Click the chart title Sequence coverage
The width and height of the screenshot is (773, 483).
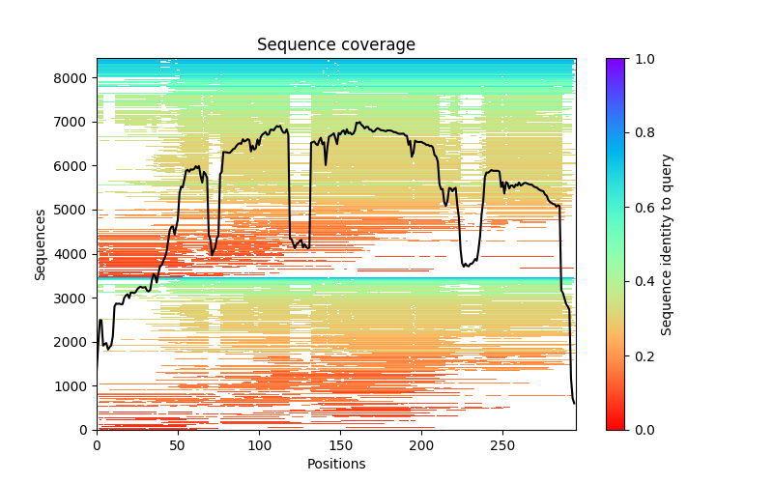pos(335,45)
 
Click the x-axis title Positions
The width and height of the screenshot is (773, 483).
pos(335,464)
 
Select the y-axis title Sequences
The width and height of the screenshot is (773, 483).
pos(41,243)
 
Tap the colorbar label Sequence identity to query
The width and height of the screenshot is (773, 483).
pos(667,244)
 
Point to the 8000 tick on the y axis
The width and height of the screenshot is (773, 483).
pos(75,77)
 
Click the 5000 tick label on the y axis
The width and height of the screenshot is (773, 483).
pos(75,210)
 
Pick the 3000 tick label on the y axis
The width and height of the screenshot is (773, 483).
pos(75,298)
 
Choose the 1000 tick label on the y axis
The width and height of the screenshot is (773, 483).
pos(75,385)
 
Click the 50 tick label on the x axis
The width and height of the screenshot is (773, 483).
pos(178,445)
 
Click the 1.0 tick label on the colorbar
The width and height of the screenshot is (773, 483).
pos(642,59)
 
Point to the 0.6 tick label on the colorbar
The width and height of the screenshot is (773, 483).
pos(642,208)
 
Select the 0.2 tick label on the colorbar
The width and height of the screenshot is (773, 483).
pos(642,355)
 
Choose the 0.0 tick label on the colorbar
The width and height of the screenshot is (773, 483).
pos(642,430)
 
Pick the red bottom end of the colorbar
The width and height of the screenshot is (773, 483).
pos(616,426)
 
